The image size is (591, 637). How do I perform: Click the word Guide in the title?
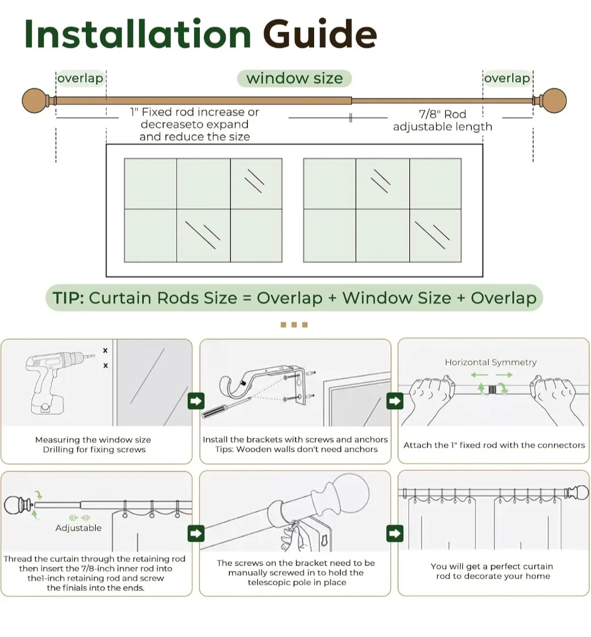tap(320, 34)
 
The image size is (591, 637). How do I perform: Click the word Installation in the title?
tap(137, 34)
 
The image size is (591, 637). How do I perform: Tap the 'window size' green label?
tap(294, 78)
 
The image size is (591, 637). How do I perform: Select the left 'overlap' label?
tap(80, 78)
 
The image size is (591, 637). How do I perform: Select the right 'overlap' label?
tap(507, 78)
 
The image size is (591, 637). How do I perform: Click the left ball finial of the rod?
tap(35, 101)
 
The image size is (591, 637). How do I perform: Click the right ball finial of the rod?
tap(554, 101)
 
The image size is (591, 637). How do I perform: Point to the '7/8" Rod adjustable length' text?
tap(442, 120)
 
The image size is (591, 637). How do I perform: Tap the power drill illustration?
tap(52, 381)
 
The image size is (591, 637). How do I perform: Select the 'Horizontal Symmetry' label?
tap(490, 362)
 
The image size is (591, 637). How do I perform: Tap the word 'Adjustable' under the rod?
tap(78, 528)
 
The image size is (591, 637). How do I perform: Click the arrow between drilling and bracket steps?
tap(196, 401)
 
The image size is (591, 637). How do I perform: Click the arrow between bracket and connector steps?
tap(395, 401)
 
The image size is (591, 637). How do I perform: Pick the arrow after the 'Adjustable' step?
tap(196, 533)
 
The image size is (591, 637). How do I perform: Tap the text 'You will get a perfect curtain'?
tap(491, 566)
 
